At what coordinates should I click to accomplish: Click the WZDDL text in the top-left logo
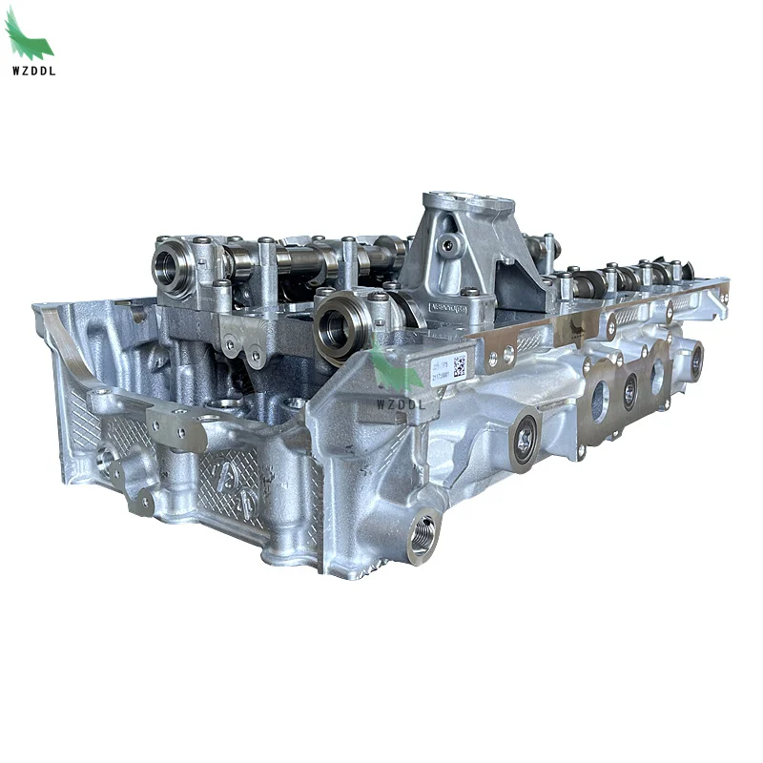31,71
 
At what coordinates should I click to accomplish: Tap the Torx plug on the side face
524,438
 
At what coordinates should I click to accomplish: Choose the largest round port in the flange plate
600,401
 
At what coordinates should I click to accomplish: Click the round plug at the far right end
697,360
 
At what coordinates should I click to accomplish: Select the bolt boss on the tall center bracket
448,246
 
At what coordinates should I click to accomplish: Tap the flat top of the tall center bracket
468,202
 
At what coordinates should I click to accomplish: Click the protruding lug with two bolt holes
176,433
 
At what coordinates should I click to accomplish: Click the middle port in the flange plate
630,390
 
